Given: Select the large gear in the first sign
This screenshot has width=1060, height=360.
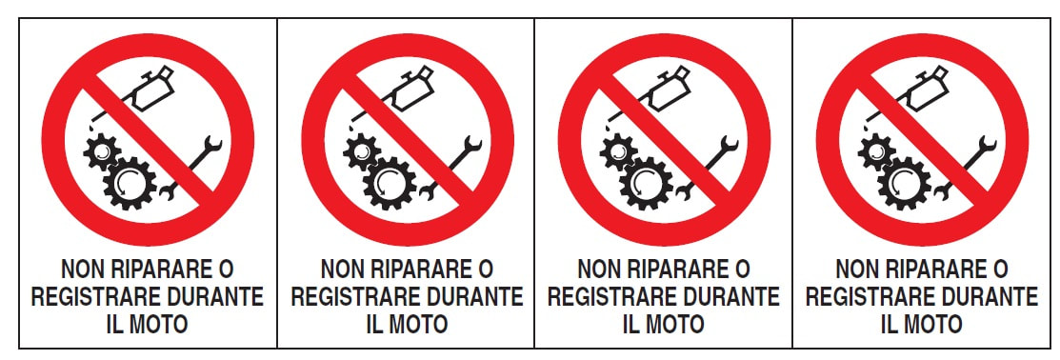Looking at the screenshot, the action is point(130,183).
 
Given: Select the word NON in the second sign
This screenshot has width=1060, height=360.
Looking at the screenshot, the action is point(338,270).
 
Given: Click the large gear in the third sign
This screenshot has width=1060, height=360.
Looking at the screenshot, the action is point(647,183).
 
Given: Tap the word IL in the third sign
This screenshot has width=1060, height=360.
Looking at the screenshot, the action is point(630,324).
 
